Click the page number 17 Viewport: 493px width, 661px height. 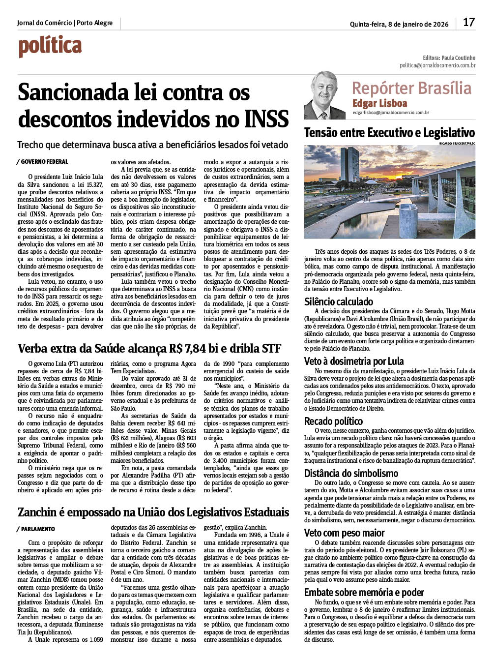(x=469, y=23)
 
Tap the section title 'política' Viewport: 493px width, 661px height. (x=50, y=46)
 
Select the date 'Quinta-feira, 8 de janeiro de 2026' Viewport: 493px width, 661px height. (x=399, y=24)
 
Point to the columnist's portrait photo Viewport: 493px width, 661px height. (x=324, y=95)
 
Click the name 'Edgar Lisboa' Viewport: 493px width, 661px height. (x=379, y=103)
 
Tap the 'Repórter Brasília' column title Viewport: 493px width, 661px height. (x=411, y=88)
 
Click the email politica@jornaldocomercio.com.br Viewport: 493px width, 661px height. (x=437, y=65)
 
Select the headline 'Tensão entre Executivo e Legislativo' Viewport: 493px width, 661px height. (x=389, y=133)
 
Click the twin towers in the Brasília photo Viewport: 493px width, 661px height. (x=349, y=165)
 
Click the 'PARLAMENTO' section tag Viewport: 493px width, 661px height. (x=38, y=529)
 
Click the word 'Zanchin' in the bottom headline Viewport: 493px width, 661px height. (x=37, y=512)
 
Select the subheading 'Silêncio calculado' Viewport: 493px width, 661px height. (x=339, y=301)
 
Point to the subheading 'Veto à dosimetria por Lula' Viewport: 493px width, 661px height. (x=354, y=361)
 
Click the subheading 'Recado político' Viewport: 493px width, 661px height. (x=333, y=421)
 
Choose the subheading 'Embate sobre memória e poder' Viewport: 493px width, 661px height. (x=364, y=592)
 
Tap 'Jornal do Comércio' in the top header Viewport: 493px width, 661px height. (x=44, y=23)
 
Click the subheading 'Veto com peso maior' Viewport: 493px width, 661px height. (x=344, y=533)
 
